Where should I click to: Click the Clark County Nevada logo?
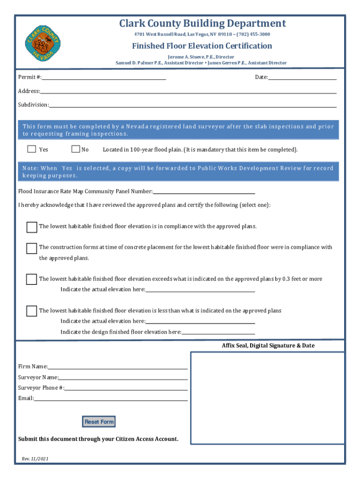[x=43, y=42]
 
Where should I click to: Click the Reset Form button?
[x=99, y=421]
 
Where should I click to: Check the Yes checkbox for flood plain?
[x=31, y=149]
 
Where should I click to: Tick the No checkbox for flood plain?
[x=76, y=149]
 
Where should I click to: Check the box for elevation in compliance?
[x=31, y=227]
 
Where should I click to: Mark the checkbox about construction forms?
[x=31, y=247]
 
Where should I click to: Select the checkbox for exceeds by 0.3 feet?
[x=31, y=279]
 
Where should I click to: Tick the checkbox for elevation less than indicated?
[x=31, y=311]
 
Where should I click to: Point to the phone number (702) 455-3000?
[x=253, y=34]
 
